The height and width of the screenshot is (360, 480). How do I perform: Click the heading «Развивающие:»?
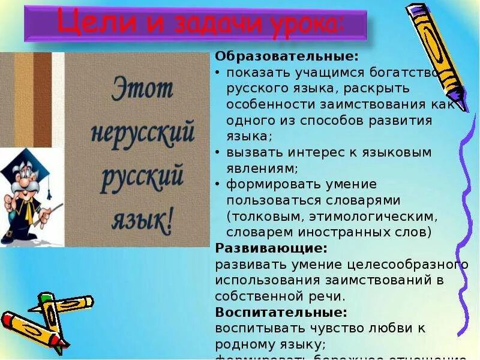(x=271, y=247)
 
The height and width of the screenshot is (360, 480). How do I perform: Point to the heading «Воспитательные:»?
(x=281, y=313)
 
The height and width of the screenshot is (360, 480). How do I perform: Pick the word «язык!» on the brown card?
(x=142, y=221)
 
